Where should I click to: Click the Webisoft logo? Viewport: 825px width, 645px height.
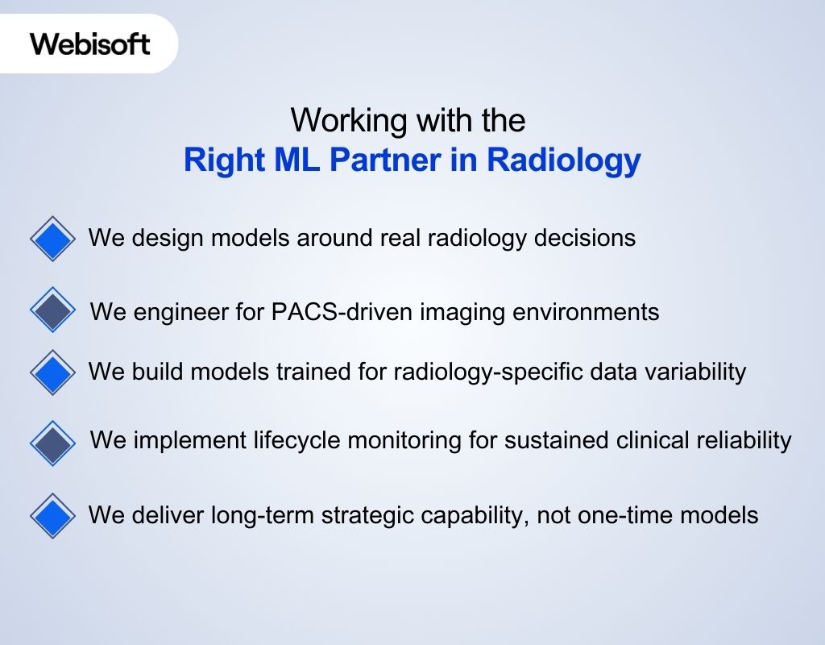90,44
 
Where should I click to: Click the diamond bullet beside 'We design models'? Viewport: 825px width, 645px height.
52,239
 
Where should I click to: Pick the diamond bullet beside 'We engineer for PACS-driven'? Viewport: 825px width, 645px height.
52,310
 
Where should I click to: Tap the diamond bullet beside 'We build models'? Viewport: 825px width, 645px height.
52,372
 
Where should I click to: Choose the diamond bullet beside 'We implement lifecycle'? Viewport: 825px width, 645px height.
52,443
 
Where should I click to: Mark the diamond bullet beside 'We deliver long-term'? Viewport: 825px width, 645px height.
52,515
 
